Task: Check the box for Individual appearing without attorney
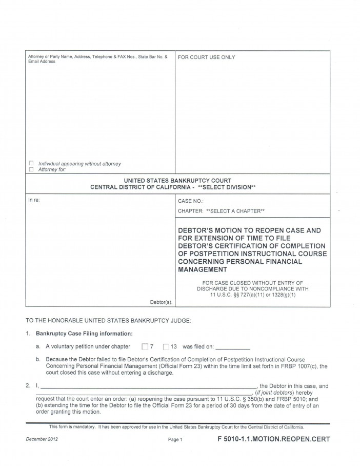pyautogui.click(x=31, y=164)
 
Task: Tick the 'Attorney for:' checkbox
pyautogui.click(x=31, y=170)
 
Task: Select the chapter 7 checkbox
pyautogui.click(x=144, y=346)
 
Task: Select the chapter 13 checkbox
pyautogui.click(x=166, y=346)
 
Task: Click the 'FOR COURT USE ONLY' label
pyautogui.click(x=206, y=57)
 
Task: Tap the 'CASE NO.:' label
pyautogui.click(x=191, y=201)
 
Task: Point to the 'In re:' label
pyautogui.click(x=33, y=200)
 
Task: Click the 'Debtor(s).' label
pyautogui.click(x=161, y=302)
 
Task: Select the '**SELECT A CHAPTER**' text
pyautogui.click(x=235, y=211)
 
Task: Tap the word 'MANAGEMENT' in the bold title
pyautogui.click(x=202, y=269)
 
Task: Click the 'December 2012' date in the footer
pyautogui.click(x=39, y=439)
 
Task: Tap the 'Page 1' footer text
pyautogui.click(x=175, y=440)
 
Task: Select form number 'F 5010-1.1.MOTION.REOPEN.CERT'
pyautogui.click(x=273, y=439)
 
